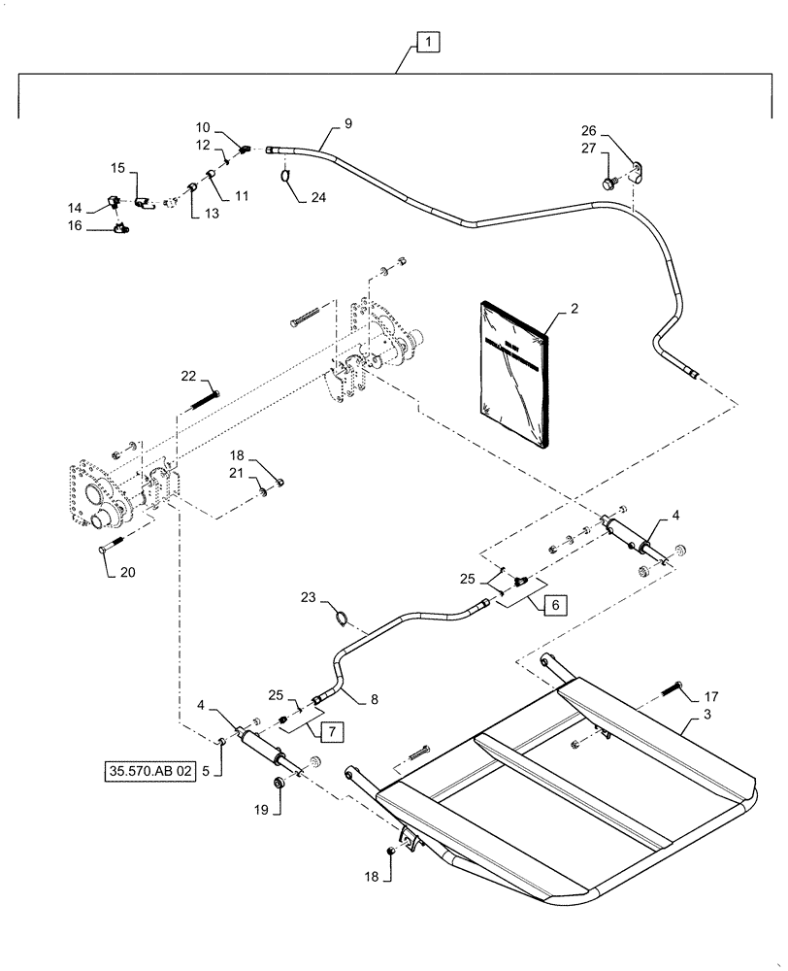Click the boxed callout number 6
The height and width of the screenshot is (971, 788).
555,604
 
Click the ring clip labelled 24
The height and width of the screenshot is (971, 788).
288,175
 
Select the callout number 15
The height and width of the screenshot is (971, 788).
116,168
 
